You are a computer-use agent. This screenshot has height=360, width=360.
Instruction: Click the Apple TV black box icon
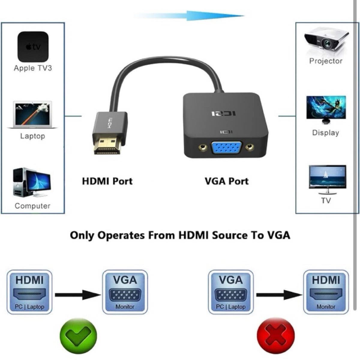tap(33, 47)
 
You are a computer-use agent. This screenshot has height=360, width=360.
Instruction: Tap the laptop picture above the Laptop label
tap(32, 115)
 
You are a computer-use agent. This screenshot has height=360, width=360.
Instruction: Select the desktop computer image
tap(32, 182)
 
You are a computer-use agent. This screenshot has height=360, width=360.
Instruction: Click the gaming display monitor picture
tap(326, 110)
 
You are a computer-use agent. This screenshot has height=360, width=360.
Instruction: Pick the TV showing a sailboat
tap(327, 180)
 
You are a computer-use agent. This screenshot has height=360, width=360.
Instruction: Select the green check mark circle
tap(78, 336)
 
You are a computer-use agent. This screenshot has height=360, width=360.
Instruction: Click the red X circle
tap(276, 336)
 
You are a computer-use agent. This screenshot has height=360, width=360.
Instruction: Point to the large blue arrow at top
tap(189, 16)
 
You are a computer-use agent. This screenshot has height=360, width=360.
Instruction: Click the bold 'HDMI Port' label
tap(107, 181)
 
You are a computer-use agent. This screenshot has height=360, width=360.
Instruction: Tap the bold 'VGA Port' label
tap(226, 181)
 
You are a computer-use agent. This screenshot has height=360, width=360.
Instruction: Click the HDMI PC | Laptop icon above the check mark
tap(29, 292)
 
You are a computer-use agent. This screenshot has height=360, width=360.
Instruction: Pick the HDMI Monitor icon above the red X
tap(326, 292)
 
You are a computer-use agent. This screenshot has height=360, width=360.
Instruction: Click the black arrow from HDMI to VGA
tap(78, 295)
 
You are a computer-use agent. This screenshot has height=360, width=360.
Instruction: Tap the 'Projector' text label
tap(325, 61)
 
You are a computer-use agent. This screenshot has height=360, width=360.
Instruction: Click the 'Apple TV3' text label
tap(33, 68)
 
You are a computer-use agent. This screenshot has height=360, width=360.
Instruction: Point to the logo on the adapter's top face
tap(223, 113)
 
